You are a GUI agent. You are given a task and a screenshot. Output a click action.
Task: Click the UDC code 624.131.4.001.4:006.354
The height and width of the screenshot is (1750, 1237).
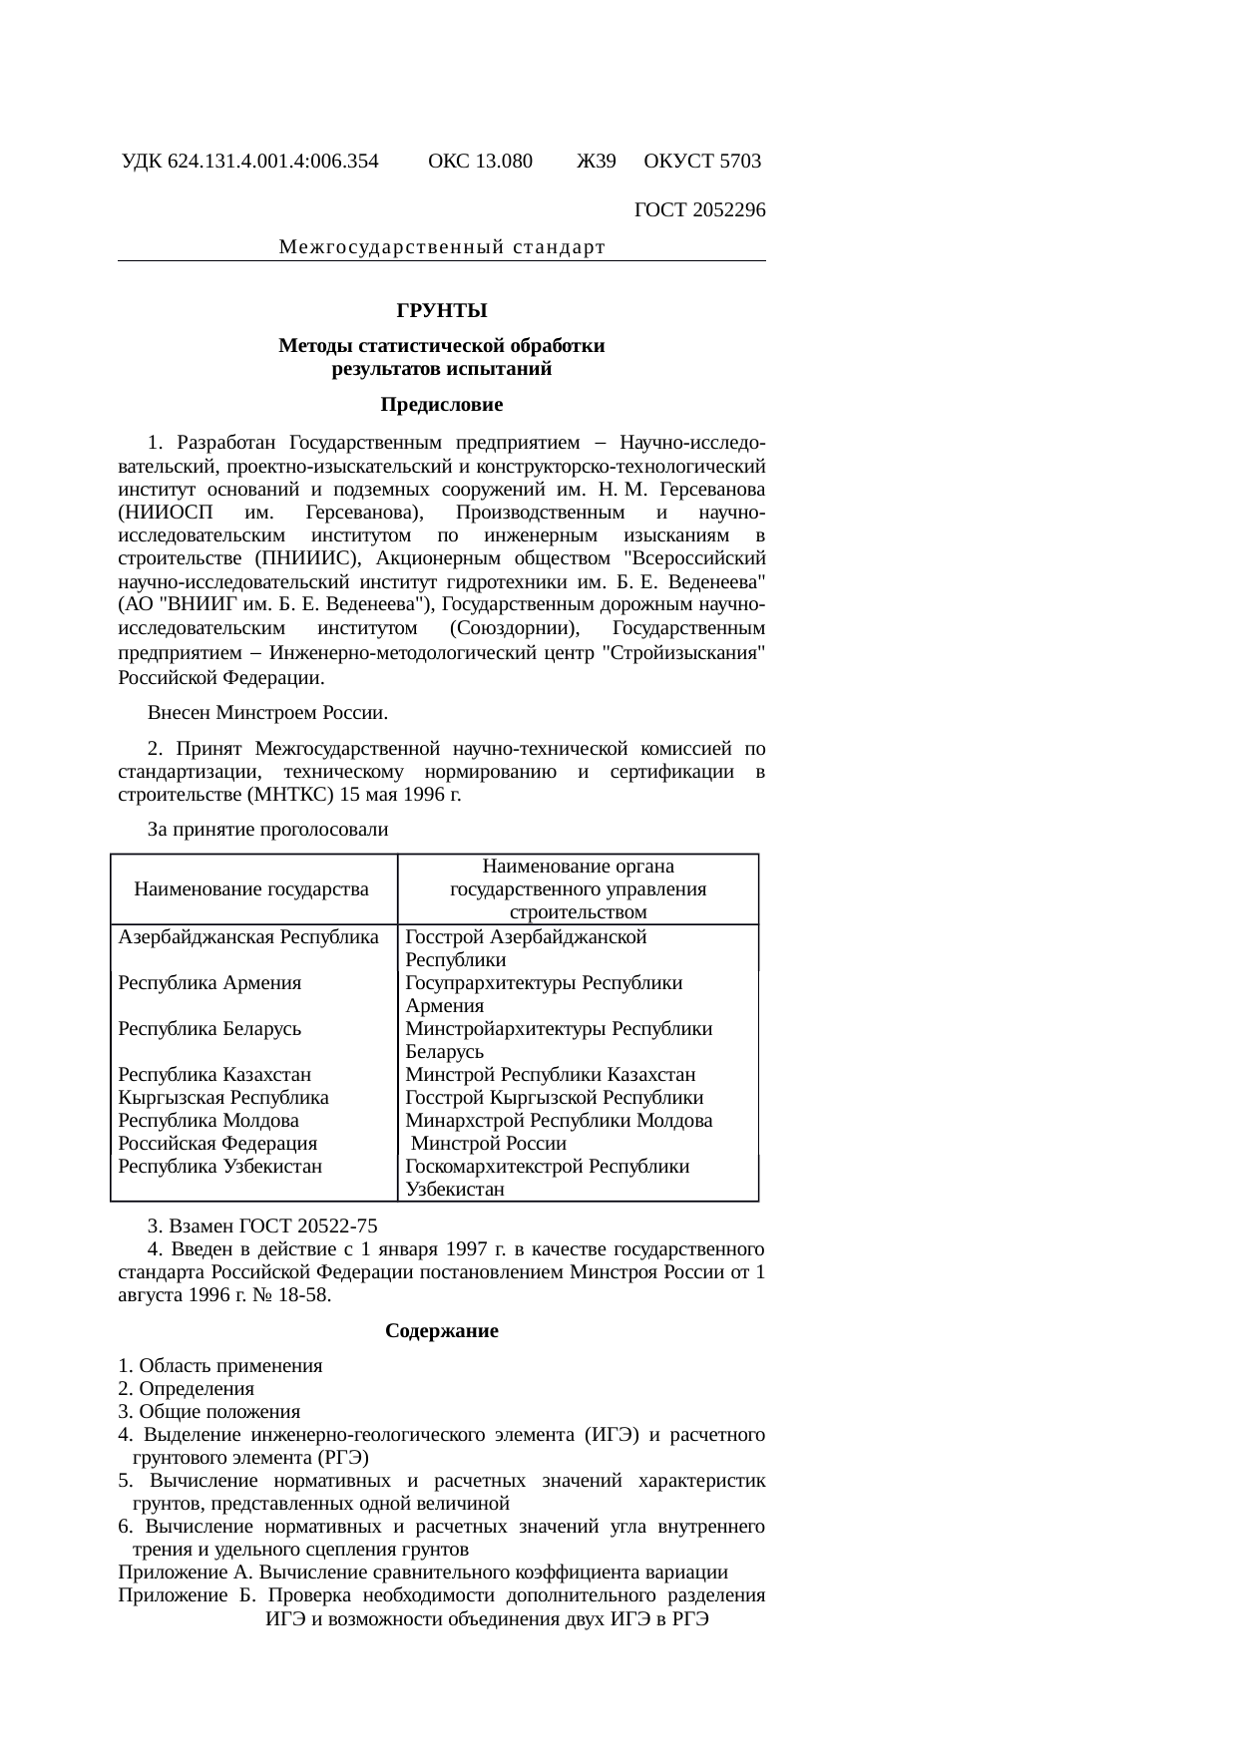tap(272, 162)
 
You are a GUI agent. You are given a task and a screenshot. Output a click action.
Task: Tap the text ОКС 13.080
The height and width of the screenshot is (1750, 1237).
tap(480, 162)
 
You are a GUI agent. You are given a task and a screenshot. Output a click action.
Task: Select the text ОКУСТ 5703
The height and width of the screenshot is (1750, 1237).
tap(702, 162)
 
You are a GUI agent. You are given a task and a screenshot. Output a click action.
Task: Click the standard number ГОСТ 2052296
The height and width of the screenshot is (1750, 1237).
tap(699, 210)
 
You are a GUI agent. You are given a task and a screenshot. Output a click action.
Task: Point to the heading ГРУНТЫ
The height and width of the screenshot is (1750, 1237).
tap(442, 311)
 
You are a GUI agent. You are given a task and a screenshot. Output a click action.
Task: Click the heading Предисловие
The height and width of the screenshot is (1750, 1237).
tap(442, 405)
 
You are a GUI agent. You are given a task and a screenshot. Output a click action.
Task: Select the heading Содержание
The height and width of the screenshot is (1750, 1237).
tap(442, 1331)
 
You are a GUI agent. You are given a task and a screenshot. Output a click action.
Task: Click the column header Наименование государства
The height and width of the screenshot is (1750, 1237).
tap(251, 888)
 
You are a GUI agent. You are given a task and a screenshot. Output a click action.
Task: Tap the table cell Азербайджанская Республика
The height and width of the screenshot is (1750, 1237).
tap(248, 937)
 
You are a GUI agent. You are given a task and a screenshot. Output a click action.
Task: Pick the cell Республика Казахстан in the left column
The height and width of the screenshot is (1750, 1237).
tap(214, 1075)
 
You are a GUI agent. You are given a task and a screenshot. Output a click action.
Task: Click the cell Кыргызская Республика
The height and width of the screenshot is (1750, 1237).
tap(223, 1098)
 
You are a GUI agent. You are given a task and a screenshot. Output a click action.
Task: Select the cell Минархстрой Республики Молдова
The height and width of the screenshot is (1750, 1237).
tap(559, 1121)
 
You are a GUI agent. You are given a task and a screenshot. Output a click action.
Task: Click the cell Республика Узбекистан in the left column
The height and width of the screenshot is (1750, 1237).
tap(219, 1167)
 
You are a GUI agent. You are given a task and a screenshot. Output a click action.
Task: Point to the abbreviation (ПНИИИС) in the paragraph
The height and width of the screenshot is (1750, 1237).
tap(300, 557)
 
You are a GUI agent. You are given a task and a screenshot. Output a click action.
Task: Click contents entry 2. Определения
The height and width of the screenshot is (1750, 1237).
tap(186, 1389)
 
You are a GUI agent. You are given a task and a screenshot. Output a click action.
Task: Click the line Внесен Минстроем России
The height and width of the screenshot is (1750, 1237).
tap(267, 714)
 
